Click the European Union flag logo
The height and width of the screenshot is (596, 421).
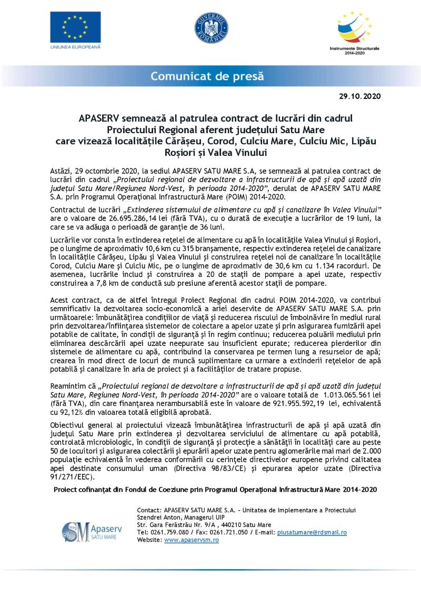pyautogui.click(x=75, y=27)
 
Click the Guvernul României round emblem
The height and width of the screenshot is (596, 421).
pyautogui.click(x=212, y=27)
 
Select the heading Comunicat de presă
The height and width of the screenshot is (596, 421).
pyautogui.click(x=207, y=76)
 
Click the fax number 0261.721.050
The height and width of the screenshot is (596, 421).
pyautogui.click(x=226, y=532)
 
